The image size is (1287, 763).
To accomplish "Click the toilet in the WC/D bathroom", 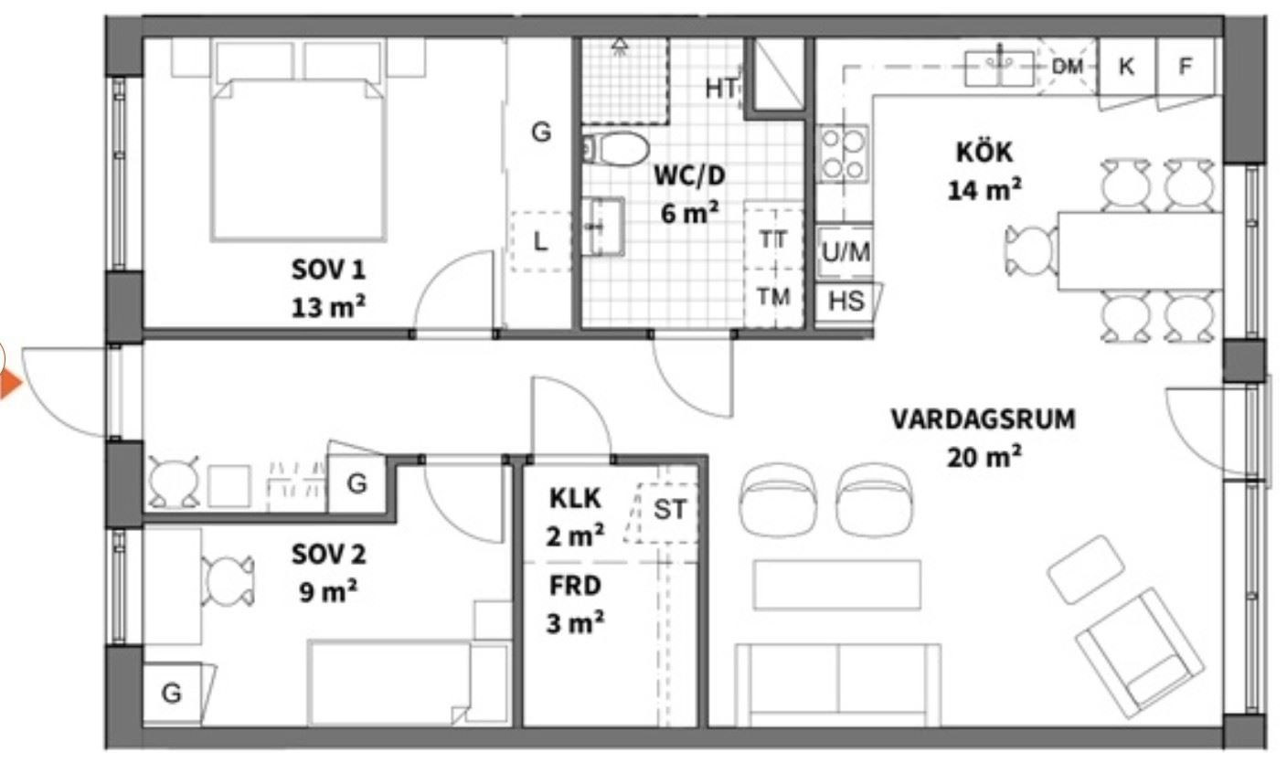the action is pos(616,149).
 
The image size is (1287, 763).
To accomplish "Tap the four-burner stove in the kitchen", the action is pos(843,154).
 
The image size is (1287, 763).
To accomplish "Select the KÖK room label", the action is pos(984,153).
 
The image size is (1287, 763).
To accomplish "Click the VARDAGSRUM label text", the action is pos(983,419).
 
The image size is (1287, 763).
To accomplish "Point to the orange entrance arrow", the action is pos(10,384).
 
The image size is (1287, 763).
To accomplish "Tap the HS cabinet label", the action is pos(846,301).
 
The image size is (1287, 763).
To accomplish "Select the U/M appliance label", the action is pos(846,251).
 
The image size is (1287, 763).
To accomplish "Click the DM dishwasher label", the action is pos(1067,67).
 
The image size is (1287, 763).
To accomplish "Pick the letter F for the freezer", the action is pos(1185,67).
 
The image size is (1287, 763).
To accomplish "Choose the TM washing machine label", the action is pos(773,297).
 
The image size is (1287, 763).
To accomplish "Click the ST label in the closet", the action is pos(670,510).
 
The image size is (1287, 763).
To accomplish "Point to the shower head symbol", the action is pos(620,46).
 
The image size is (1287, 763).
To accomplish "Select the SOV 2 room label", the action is pos(329,555).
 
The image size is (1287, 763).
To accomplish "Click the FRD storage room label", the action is pos(575,586).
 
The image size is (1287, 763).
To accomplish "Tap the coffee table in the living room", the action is pos(837,585).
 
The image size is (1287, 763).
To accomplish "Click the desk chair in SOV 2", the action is pos(229,581).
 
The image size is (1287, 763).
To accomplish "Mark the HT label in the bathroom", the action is pos(721,89).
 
